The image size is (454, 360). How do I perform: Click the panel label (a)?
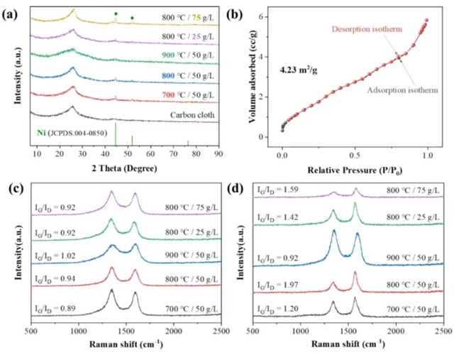[x=11, y=9]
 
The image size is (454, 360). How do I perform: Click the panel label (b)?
[x=240, y=9]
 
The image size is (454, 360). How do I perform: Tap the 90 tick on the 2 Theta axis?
[x=218, y=153]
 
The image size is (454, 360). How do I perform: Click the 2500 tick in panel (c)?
[x=221, y=331]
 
